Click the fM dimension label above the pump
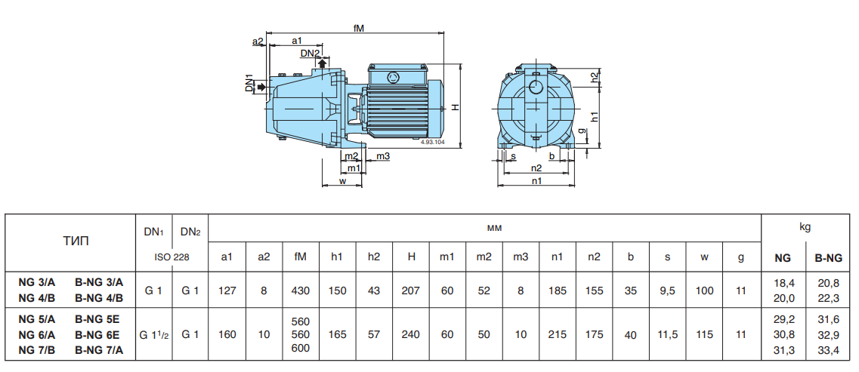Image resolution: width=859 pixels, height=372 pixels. (x=359, y=28)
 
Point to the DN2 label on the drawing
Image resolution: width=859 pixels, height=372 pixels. (x=310, y=53)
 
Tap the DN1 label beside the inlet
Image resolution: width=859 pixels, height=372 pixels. (x=249, y=84)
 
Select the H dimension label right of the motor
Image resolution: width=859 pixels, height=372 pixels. (x=456, y=106)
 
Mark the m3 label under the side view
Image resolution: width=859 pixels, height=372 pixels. (x=383, y=156)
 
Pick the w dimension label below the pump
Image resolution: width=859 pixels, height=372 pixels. (x=342, y=181)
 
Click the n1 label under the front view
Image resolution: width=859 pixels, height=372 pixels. (x=536, y=181)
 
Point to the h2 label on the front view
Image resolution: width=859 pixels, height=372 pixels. (x=595, y=77)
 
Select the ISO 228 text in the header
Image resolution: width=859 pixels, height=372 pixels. (x=171, y=257)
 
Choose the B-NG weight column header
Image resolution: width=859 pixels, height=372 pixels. (x=827, y=257)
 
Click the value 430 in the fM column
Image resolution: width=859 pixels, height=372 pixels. (x=300, y=290)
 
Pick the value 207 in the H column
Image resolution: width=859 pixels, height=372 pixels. (x=411, y=290)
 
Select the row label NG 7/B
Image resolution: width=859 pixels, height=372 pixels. (x=37, y=349)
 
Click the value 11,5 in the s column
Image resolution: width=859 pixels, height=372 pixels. (x=667, y=334)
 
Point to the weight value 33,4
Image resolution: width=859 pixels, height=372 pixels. (x=827, y=349)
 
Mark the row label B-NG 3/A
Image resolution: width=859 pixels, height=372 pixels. (x=99, y=282)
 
